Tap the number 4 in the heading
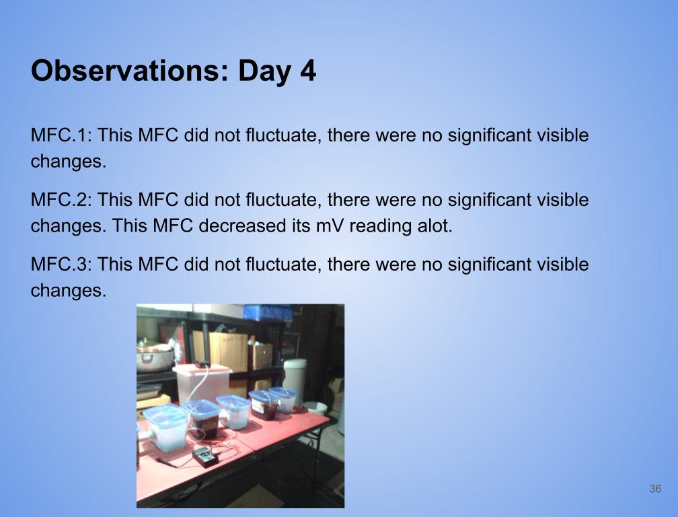pyautogui.click(x=308, y=71)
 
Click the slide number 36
pyautogui.click(x=655, y=489)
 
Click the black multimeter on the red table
pyautogui.click(x=205, y=456)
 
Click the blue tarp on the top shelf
pyautogui.click(x=268, y=312)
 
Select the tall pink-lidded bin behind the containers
pyautogui.click(x=202, y=384)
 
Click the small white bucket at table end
pyautogui.click(x=315, y=408)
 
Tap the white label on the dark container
pyautogui.click(x=258, y=407)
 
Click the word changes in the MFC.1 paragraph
pyautogui.click(x=69, y=162)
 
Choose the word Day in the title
pyautogui.click(x=264, y=71)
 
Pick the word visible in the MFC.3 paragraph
pyautogui.click(x=562, y=264)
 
